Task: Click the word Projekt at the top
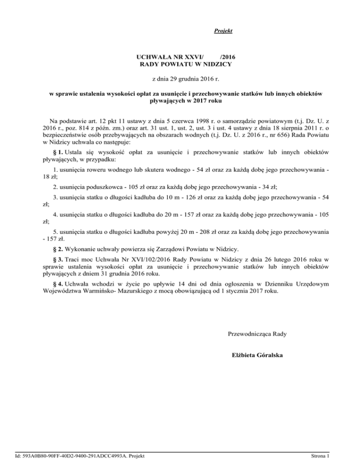pos(223,31)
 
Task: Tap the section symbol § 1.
pos(59,151)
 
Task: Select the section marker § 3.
pos(59,259)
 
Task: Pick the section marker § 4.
pos(59,284)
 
